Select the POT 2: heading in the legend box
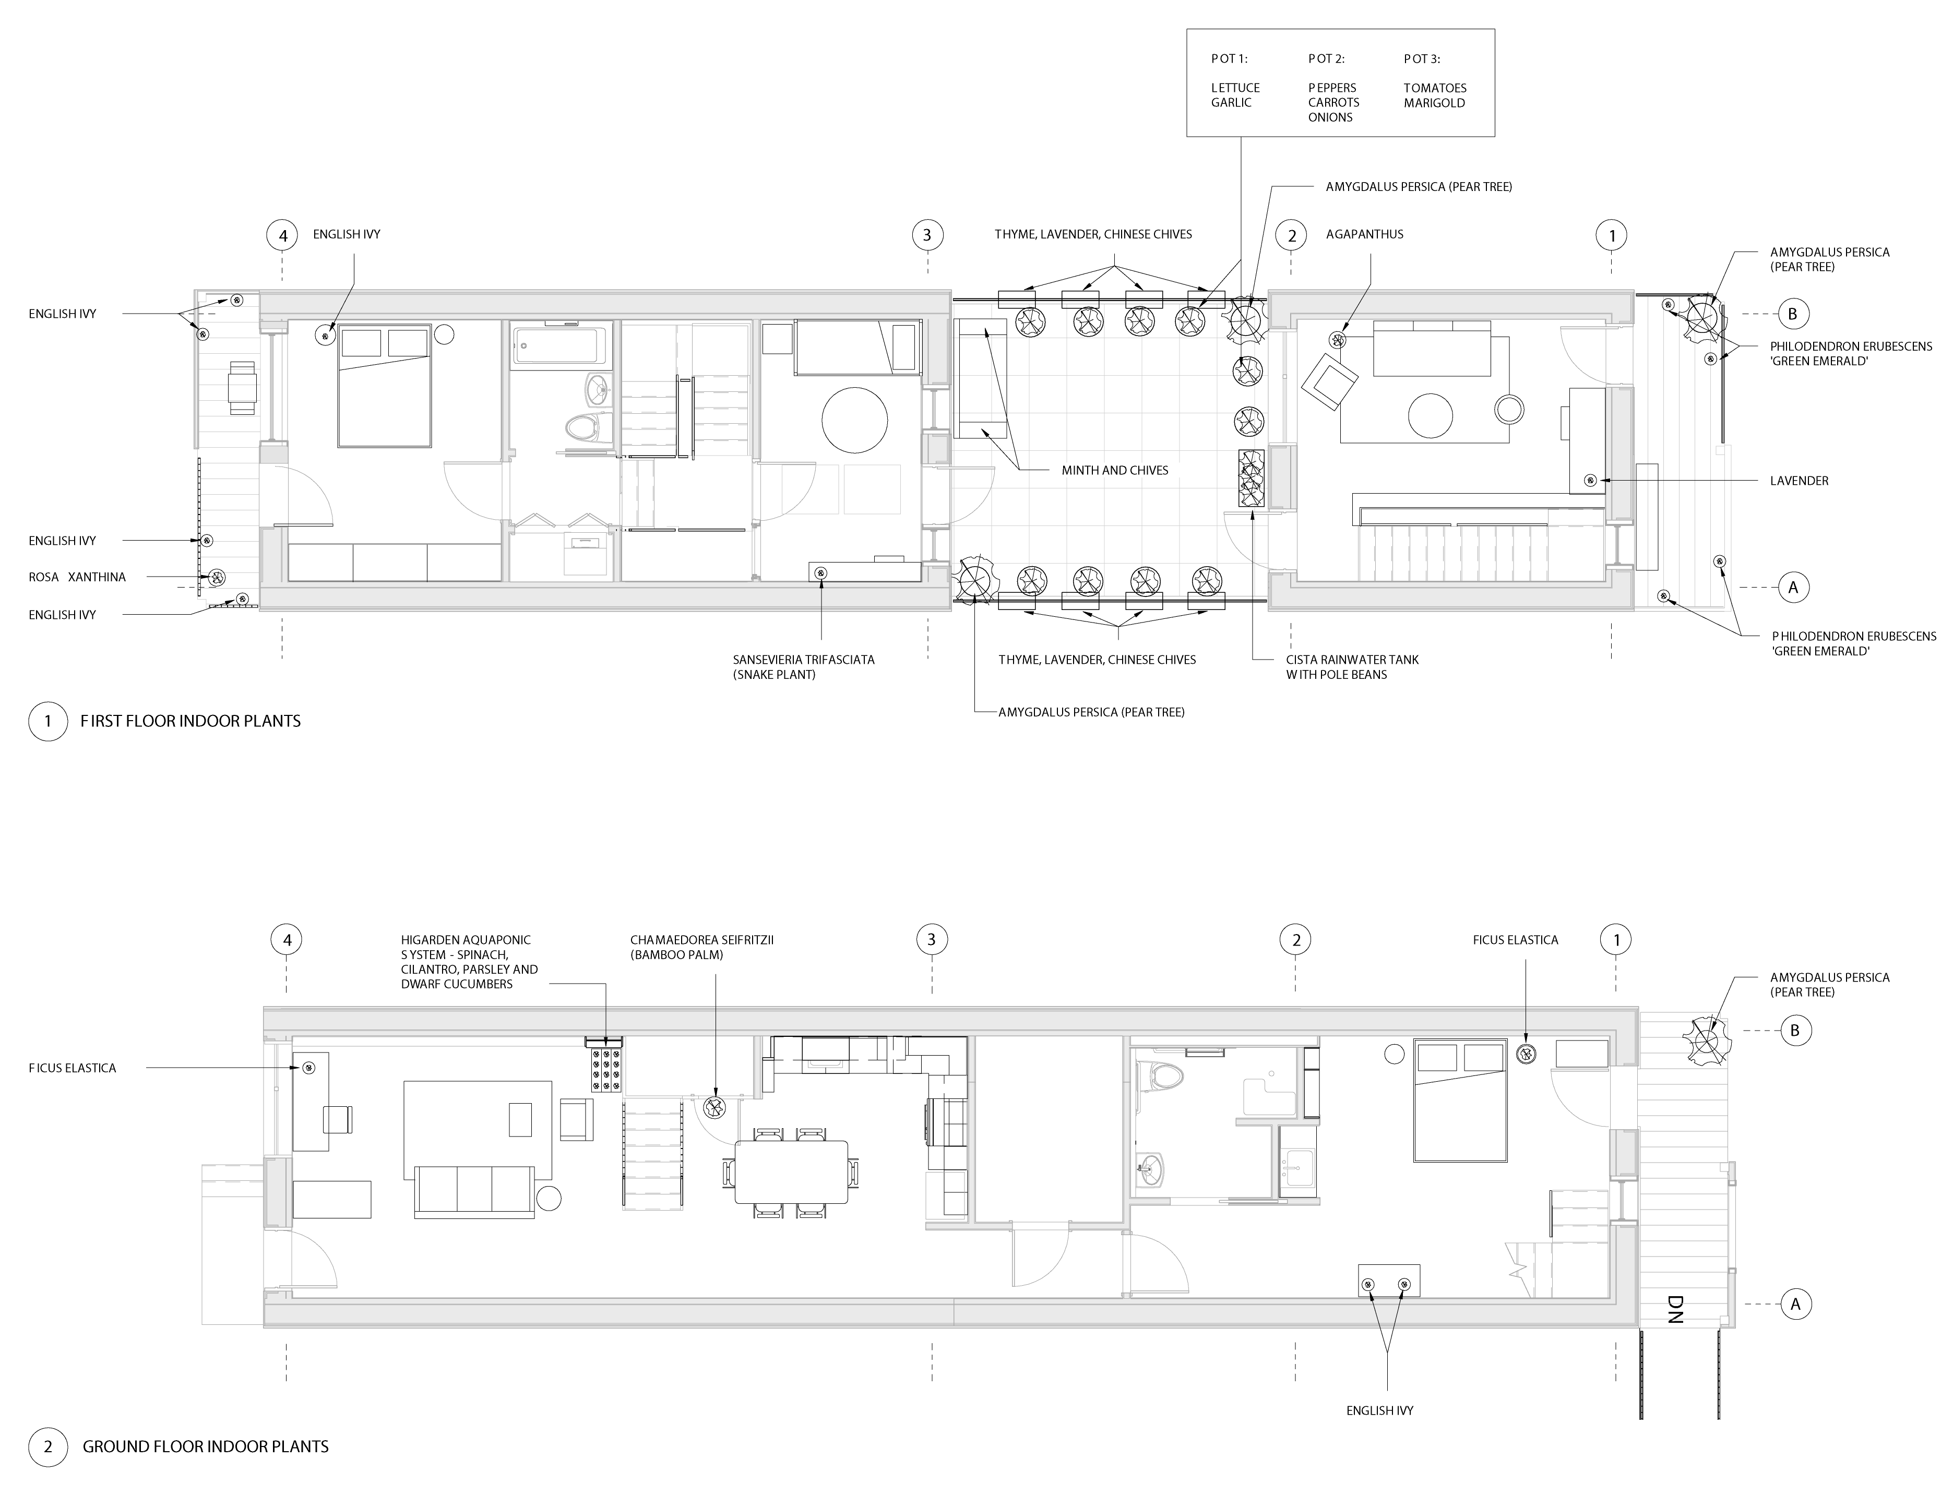[x=1326, y=59]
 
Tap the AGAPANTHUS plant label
[x=1365, y=234]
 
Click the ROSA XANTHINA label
[x=77, y=577]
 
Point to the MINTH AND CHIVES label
[x=1114, y=470]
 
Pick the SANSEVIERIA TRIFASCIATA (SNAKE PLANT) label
[x=804, y=666]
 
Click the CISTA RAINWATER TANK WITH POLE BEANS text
[x=1352, y=666]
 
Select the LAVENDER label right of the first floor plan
[x=1799, y=481]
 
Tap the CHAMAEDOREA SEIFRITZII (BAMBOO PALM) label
[x=702, y=947]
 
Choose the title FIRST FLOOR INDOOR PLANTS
[x=190, y=721]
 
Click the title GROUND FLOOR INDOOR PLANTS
[x=206, y=1446]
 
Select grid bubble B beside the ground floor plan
[x=1794, y=1031]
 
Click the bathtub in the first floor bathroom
[x=562, y=345]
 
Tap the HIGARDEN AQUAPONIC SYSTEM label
[x=469, y=962]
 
